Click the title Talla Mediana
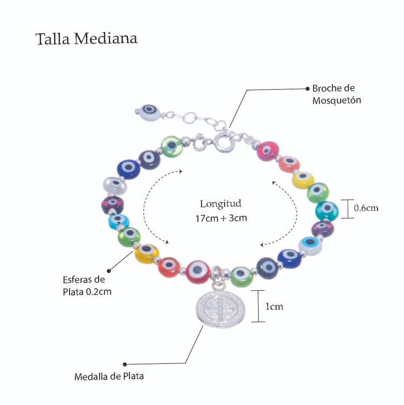[86, 39]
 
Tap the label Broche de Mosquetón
[333, 94]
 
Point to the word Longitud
[220, 204]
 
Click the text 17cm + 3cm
[220, 219]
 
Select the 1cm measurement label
[274, 306]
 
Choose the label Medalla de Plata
[109, 376]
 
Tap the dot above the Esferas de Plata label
[109, 269]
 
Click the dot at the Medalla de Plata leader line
[125, 364]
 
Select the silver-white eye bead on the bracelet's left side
[115, 187]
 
